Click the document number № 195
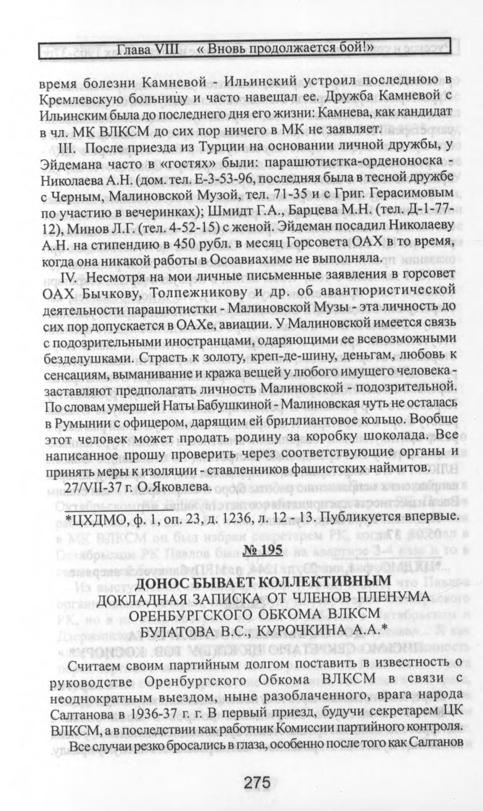260,551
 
